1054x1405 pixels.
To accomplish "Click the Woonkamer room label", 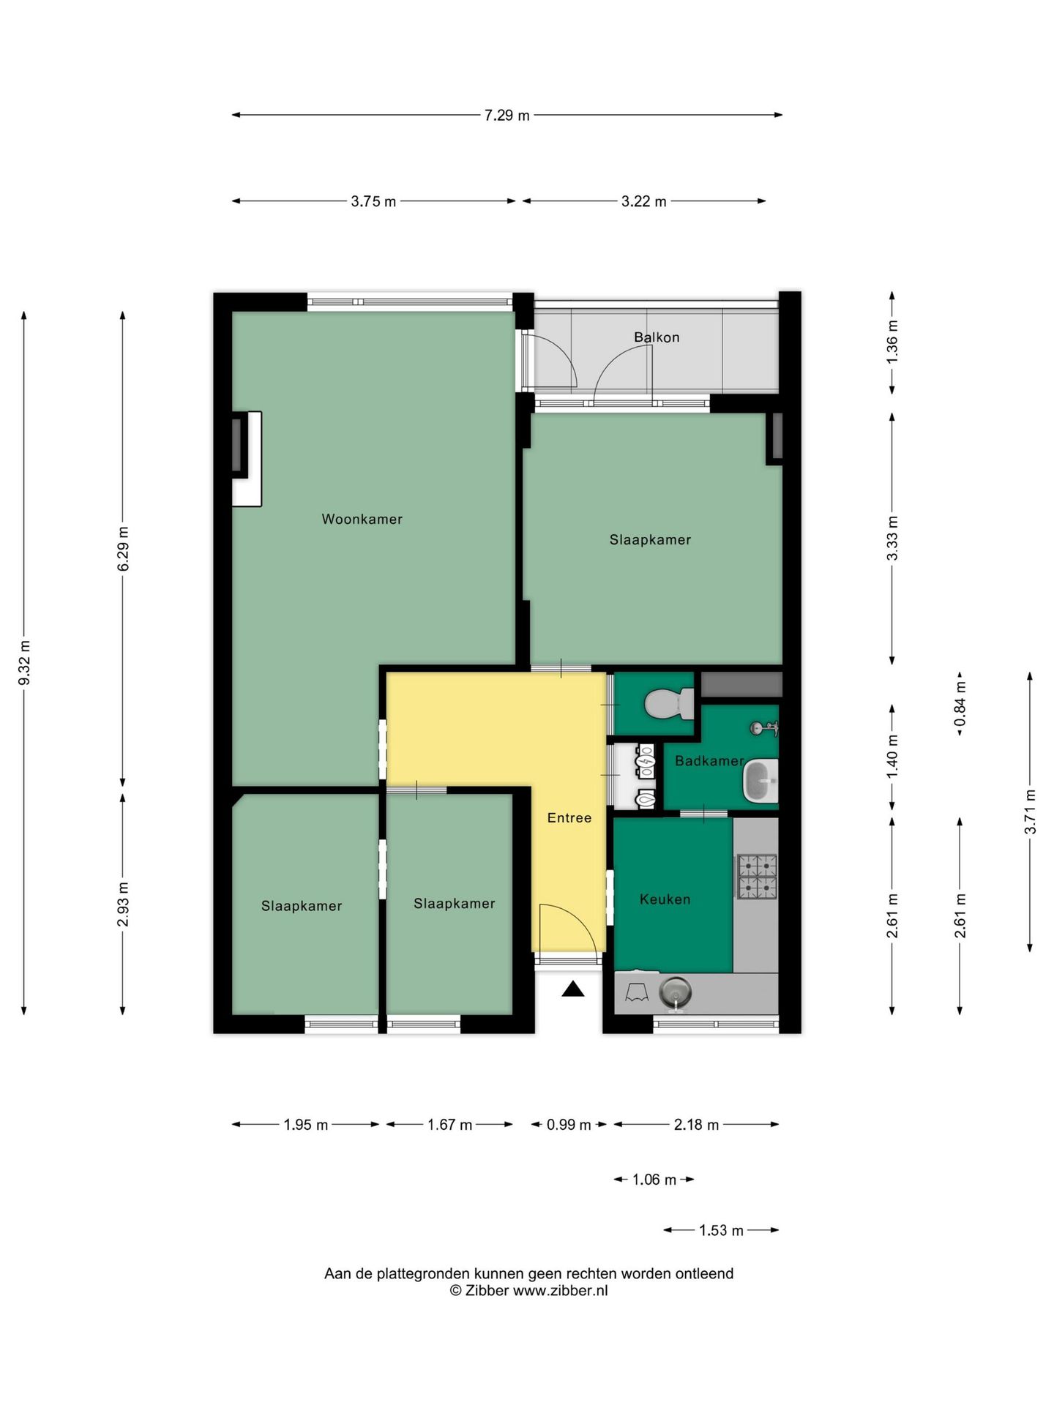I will [x=362, y=519].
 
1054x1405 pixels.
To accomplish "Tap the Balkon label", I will [x=656, y=337].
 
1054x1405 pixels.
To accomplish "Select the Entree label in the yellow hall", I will [x=569, y=817].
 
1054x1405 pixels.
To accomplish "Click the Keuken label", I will [x=665, y=899].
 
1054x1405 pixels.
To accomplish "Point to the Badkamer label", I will [x=708, y=761].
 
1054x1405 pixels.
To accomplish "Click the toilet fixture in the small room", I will [x=667, y=705].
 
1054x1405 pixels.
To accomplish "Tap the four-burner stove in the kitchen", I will [x=756, y=876].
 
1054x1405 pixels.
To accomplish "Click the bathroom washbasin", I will [x=760, y=781].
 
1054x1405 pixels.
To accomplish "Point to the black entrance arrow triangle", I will [x=572, y=989].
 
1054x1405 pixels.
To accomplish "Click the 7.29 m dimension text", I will [x=507, y=115].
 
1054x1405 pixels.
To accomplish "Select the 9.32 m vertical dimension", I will [x=24, y=662].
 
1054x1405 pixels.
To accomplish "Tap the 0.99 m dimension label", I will [x=569, y=1124].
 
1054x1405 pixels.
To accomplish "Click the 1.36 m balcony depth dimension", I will [x=892, y=342].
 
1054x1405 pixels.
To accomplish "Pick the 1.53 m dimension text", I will [x=721, y=1230].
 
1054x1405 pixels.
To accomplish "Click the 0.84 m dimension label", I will [x=960, y=704].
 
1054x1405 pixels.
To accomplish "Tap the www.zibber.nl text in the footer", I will [x=560, y=1290].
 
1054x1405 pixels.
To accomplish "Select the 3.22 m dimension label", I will [x=643, y=201].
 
